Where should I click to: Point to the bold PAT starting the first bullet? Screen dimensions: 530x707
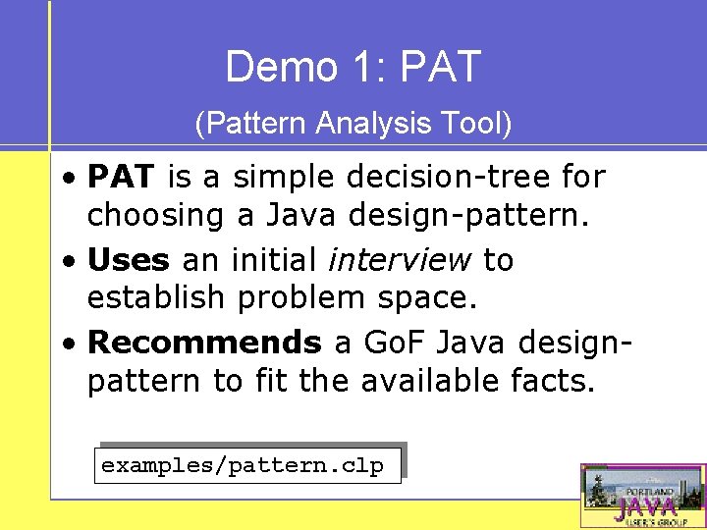pos(121,178)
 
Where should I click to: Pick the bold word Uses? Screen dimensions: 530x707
pos(129,260)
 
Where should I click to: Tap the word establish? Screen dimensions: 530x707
pos(158,296)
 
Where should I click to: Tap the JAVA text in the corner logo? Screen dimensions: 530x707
pos(645,507)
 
